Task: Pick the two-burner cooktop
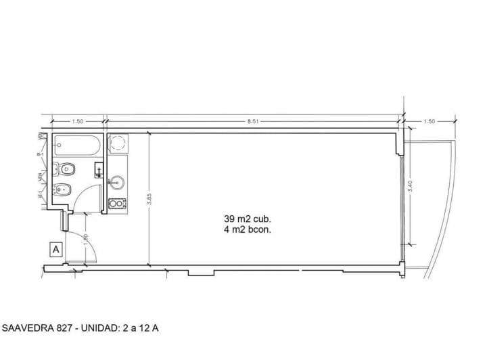pos(118,202)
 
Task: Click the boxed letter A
pos(56,249)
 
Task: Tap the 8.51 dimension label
pos(253,121)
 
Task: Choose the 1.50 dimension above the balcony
pos(429,121)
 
